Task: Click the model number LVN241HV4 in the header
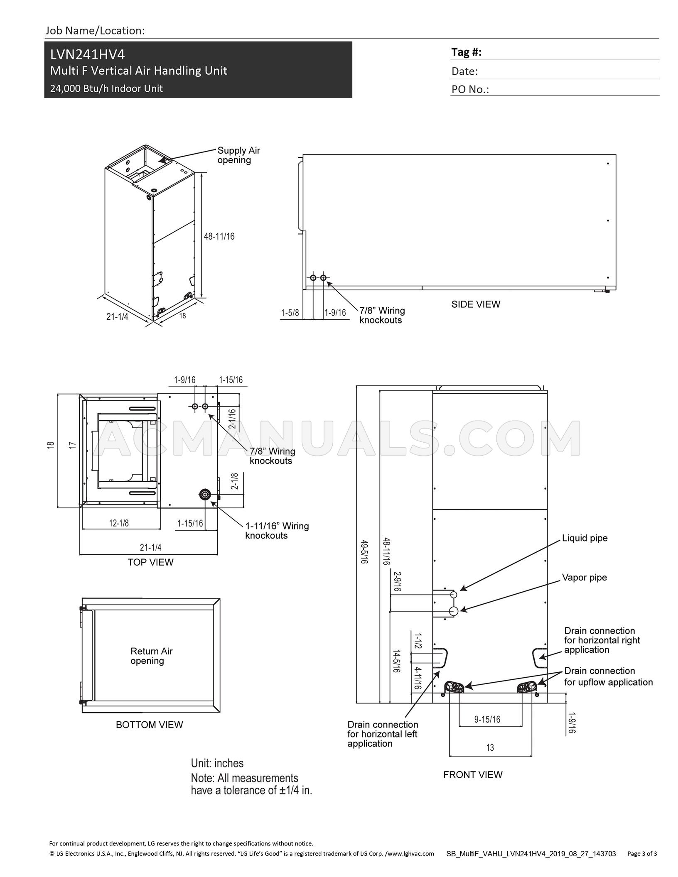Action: [x=87, y=55]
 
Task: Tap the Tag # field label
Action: [x=466, y=52]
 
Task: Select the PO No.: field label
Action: [x=470, y=89]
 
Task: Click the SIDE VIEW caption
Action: [x=476, y=304]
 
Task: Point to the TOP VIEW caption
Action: [x=150, y=562]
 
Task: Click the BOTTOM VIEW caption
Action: [x=149, y=725]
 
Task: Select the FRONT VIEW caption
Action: [x=473, y=774]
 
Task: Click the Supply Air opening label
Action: [x=238, y=155]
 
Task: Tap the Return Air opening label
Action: [x=151, y=656]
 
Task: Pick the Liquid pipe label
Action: [x=585, y=538]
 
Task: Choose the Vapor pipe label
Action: [x=584, y=577]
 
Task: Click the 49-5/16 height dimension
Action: [x=364, y=551]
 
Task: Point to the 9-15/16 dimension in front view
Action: [x=487, y=719]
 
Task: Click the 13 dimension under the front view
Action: [x=490, y=747]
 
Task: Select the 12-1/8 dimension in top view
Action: [x=119, y=523]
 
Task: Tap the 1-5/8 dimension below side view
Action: [x=290, y=313]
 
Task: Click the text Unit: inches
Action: [x=217, y=763]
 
